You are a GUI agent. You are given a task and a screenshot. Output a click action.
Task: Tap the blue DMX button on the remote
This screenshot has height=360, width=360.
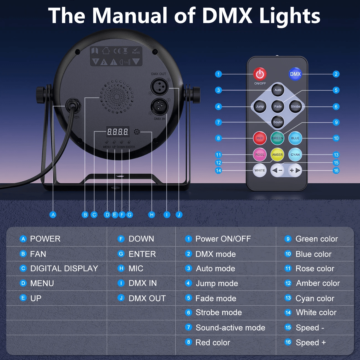point(295,74)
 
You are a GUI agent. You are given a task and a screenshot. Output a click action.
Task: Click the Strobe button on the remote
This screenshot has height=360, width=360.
point(295,106)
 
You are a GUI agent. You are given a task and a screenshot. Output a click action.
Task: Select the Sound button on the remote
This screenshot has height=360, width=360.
point(278,122)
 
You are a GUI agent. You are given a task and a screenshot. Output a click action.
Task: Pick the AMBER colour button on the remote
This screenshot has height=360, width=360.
point(277,155)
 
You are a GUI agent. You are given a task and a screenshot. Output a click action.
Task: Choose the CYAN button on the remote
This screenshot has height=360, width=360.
point(295,155)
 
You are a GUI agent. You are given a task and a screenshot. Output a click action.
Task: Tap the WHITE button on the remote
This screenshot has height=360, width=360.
point(260,170)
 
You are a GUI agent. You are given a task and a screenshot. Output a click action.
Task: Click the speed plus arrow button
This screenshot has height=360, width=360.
point(295,170)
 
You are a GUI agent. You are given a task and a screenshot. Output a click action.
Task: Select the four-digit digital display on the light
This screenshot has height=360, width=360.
point(118,132)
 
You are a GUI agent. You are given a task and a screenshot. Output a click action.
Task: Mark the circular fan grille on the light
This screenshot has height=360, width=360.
point(117,96)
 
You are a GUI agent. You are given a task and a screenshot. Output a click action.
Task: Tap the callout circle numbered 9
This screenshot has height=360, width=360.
point(336,122)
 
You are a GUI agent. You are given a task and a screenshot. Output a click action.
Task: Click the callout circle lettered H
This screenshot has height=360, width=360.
point(152,215)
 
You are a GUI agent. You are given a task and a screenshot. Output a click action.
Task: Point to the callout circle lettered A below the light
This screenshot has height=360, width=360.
point(53,215)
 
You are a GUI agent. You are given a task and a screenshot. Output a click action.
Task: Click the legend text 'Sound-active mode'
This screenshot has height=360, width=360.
point(230,328)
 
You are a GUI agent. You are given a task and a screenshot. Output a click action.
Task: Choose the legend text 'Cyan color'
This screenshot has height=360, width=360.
point(315,298)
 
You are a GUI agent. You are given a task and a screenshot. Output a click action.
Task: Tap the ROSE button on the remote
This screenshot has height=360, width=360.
point(260,155)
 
